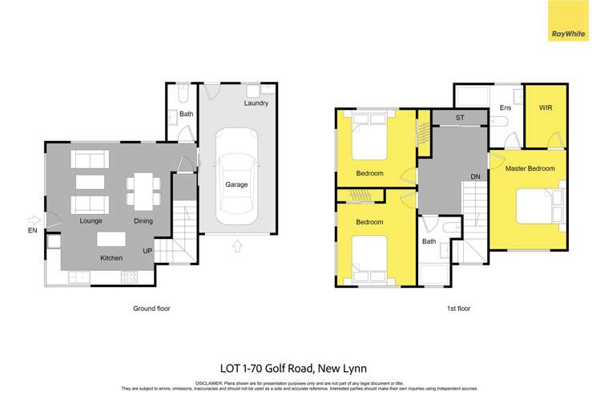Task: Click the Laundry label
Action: click(x=256, y=103)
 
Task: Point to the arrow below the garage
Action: click(x=236, y=245)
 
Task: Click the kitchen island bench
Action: click(x=111, y=239)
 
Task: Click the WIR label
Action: click(x=546, y=107)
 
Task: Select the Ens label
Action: click(x=505, y=107)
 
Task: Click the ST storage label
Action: click(x=460, y=119)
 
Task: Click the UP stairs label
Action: click(x=147, y=251)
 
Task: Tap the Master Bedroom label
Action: click(x=530, y=168)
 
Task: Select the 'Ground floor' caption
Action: click(x=151, y=308)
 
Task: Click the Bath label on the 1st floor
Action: click(x=429, y=241)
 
